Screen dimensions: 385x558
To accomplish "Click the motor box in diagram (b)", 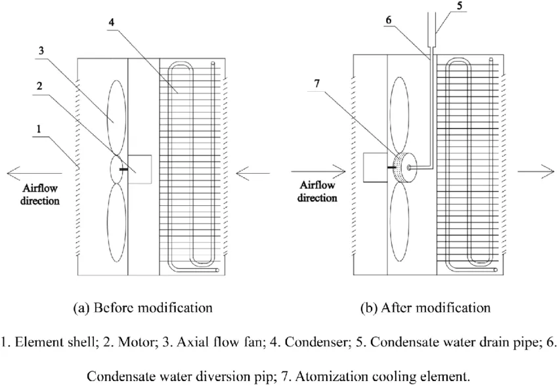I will (377, 167).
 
